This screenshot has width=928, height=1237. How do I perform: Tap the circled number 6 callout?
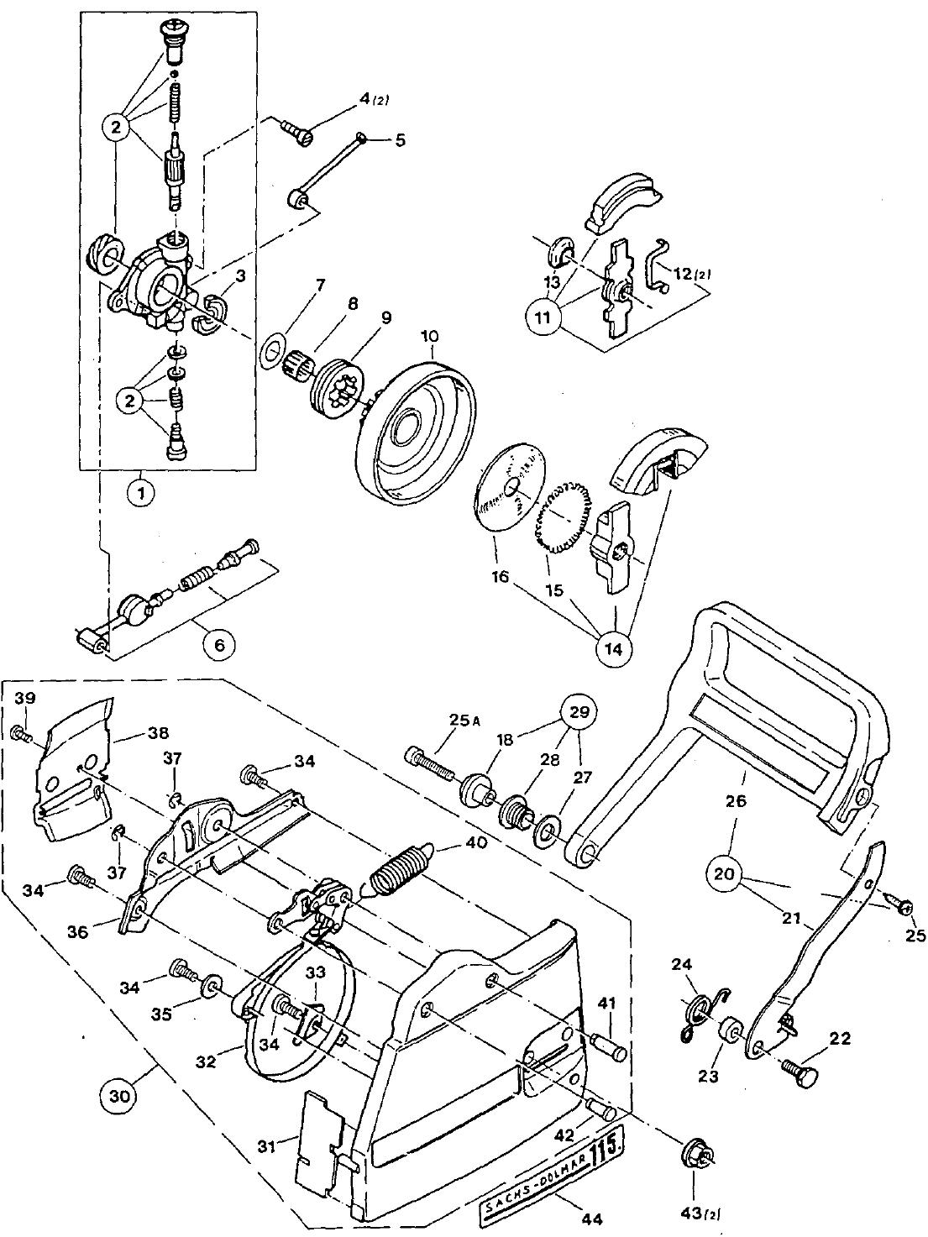click(219, 645)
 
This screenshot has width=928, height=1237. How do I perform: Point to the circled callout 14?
click(613, 649)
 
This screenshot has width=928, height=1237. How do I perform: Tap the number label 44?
click(591, 1215)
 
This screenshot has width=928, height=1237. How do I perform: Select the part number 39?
click(25, 698)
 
